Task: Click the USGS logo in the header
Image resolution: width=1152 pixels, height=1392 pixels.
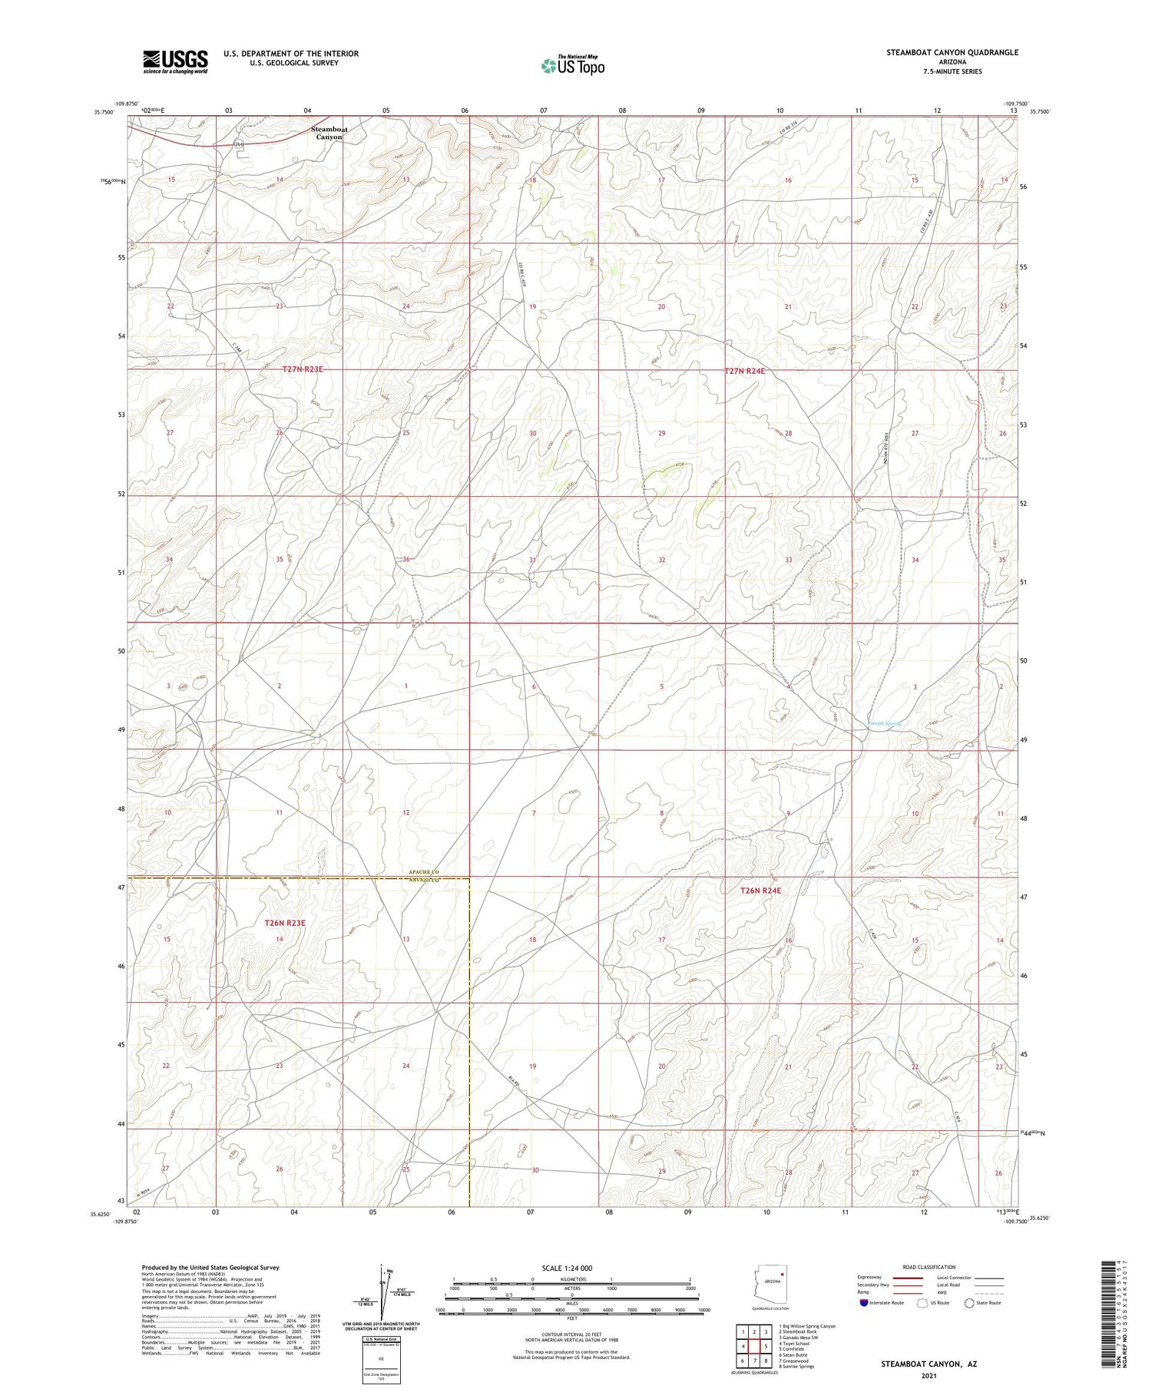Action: pos(175,61)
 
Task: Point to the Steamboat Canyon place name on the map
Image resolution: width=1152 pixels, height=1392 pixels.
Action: pos(329,133)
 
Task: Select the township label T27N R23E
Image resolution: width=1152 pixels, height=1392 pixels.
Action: pos(303,369)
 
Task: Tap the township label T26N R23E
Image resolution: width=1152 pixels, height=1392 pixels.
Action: pos(285,923)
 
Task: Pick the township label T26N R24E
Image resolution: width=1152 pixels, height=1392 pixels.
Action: pos(760,891)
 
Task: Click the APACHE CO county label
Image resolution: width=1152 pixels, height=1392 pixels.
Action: pos(423,873)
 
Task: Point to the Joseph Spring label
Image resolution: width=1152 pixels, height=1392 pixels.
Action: pos(884,723)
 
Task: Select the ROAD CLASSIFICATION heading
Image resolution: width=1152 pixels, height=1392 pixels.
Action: pos(929,1267)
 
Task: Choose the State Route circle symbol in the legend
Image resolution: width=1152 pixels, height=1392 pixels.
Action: pos(970,1303)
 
